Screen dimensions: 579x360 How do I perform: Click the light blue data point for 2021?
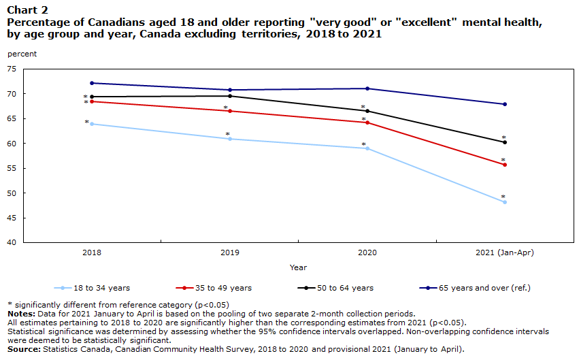[x=505, y=202]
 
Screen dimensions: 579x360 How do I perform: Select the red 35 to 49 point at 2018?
[x=92, y=101]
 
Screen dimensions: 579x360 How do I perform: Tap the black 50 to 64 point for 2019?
[x=230, y=96]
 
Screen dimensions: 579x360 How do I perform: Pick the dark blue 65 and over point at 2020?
[x=367, y=88]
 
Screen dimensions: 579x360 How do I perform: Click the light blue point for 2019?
[x=230, y=139]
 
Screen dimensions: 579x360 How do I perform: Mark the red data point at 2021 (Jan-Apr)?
[x=505, y=165]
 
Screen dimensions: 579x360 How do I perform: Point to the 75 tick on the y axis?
[x=12, y=69]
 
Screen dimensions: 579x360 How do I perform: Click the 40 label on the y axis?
[x=12, y=242]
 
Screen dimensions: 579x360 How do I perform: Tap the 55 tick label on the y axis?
[x=12, y=168]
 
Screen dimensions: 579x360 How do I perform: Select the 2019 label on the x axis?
[x=230, y=252]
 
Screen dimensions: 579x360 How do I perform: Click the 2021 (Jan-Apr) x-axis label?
[x=505, y=252]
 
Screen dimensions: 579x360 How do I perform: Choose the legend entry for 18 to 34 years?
[x=92, y=288]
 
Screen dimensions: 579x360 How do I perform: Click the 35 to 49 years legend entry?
[x=214, y=288]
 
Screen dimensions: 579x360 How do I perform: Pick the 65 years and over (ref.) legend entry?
[x=475, y=288]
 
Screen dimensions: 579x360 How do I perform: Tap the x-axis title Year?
[x=299, y=267]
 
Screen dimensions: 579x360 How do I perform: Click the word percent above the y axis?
[x=22, y=54]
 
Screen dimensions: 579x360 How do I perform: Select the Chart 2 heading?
[x=28, y=10]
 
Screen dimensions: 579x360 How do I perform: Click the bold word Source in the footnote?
[x=24, y=349]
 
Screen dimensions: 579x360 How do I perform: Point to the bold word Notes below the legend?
[x=21, y=314]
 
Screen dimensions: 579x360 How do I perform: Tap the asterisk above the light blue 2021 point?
[x=503, y=197]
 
